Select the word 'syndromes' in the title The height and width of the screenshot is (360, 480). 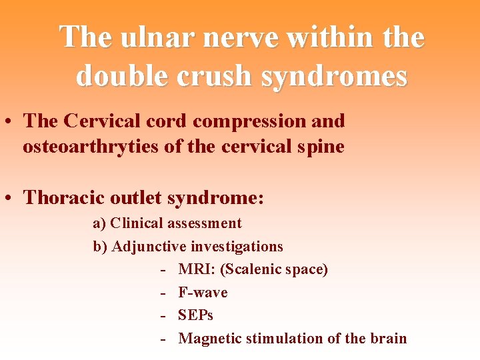[x=334, y=76]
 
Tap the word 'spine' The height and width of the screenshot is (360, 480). [x=321, y=146]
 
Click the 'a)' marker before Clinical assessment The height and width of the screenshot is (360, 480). [x=99, y=223]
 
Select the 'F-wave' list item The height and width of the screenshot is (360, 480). [x=203, y=292]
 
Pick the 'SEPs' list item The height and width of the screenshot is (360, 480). [x=195, y=315]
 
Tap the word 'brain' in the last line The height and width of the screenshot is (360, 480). [x=388, y=338]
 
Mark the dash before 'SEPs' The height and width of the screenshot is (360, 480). [x=163, y=315]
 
